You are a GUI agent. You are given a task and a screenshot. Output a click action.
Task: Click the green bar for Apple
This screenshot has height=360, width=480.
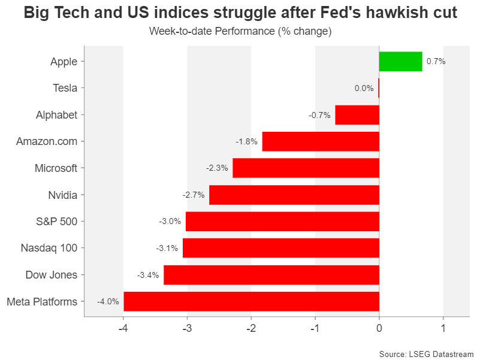[x=400, y=61]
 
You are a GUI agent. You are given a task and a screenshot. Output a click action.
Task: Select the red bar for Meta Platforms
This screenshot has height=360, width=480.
[x=251, y=301]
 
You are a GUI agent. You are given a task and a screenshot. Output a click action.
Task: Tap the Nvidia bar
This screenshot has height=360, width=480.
[x=294, y=195]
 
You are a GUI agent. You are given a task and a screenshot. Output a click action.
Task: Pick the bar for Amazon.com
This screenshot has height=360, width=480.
[x=321, y=141]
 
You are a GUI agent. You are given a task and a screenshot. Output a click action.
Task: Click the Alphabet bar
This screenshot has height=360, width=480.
[x=357, y=114]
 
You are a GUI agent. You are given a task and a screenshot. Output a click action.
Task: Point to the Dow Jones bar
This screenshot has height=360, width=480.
[x=271, y=275]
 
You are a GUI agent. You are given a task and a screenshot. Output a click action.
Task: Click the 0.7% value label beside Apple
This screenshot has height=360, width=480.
[x=436, y=61]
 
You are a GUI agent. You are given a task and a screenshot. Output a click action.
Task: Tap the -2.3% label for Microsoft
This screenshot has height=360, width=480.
[x=217, y=168]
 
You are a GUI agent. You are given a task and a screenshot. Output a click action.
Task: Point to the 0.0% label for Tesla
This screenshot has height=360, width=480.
[x=364, y=88]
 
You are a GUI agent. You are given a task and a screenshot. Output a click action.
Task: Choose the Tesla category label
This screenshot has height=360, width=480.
[x=65, y=88]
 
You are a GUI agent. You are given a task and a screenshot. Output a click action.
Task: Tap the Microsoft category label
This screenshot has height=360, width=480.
[x=56, y=168]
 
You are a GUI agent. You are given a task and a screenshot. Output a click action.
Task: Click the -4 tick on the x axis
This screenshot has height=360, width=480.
[x=123, y=328]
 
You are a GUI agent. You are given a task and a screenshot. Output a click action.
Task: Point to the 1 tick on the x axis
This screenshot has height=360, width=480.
[x=443, y=328]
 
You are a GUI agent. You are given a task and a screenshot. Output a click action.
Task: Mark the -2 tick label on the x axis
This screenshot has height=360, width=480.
[x=251, y=328]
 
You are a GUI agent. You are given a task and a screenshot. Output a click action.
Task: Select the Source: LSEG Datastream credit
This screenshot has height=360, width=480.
[x=426, y=353]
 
